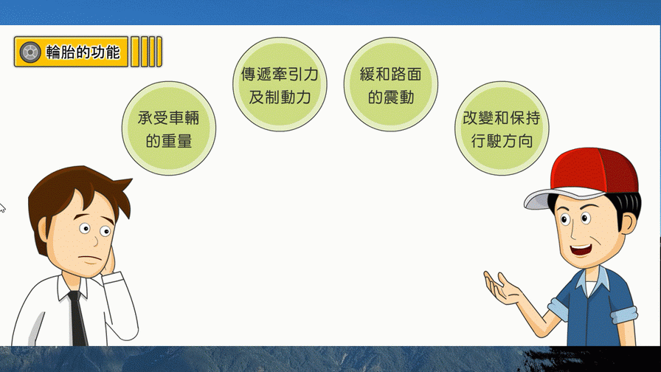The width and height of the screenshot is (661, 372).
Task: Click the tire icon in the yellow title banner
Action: [x=30, y=52]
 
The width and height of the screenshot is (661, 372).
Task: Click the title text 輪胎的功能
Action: [x=83, y=52]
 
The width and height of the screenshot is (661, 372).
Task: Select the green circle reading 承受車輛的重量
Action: [x=169, y=128]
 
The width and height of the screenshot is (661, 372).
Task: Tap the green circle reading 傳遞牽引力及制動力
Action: [x=280, y=84]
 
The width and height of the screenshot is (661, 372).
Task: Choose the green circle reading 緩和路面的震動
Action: [x=391, y=84]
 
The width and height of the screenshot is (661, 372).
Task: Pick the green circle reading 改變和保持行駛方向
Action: [x=502, y=128]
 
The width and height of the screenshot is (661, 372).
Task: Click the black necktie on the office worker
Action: [x=77, y=318]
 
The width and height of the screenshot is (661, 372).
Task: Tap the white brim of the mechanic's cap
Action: [x=556, y=199]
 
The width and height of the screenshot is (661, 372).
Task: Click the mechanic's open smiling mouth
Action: [x=581, y=249]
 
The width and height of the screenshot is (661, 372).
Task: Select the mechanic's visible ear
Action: [x=628, y=223]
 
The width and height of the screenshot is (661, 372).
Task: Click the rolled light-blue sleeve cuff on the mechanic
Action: [x=623, y=314]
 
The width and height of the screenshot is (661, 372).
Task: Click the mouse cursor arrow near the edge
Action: [x=2, y=207]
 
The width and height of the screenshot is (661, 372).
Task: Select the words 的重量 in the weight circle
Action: [x=169, y=141]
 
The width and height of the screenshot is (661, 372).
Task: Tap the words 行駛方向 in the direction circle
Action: [x=502, y=141]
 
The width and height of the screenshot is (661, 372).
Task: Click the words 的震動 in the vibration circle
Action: [x=391, y=97]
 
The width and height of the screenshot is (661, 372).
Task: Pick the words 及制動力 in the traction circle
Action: [x=280, y=97]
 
